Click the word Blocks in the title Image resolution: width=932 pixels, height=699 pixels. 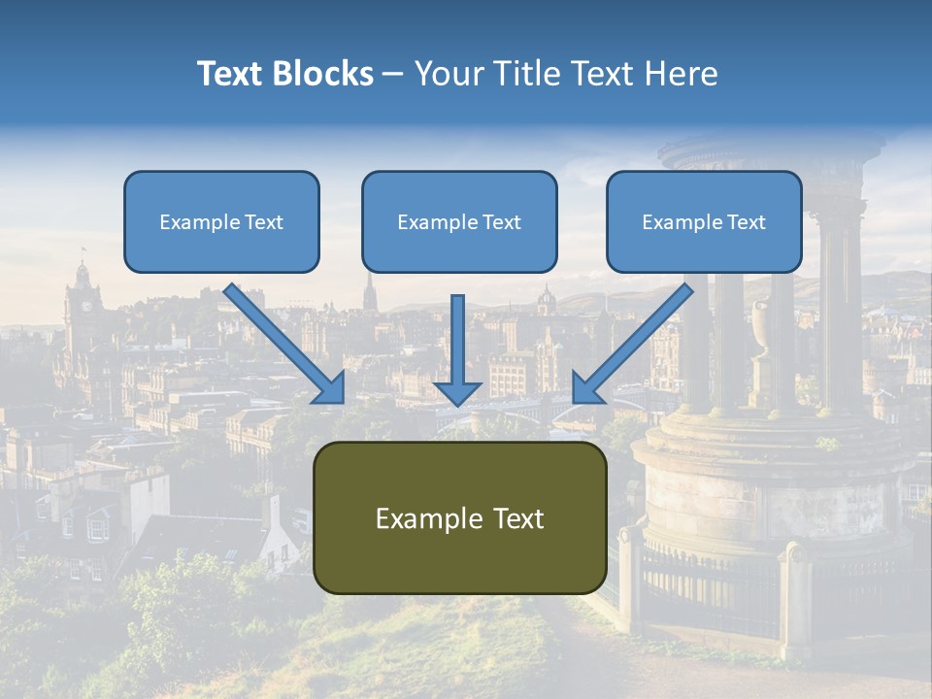pyautogui.click(x=324, y=74)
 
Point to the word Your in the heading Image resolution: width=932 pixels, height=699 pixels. pyautogui.click(x=447, y=74)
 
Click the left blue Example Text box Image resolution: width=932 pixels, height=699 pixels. pyautogui.click(x=221, y=222)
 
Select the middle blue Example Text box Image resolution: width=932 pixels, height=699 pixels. pyautogui.click(x=459, y=222)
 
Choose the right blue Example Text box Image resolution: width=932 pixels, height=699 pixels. pyautogui.click(x=704, y=222)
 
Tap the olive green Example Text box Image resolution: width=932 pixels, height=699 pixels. pyautogui.click(x=459, y=517)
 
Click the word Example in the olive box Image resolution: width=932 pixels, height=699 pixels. pyautogui.click(x=420, y=518)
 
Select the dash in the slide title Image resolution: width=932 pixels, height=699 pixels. pyautogui.click(x=394, y=75)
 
